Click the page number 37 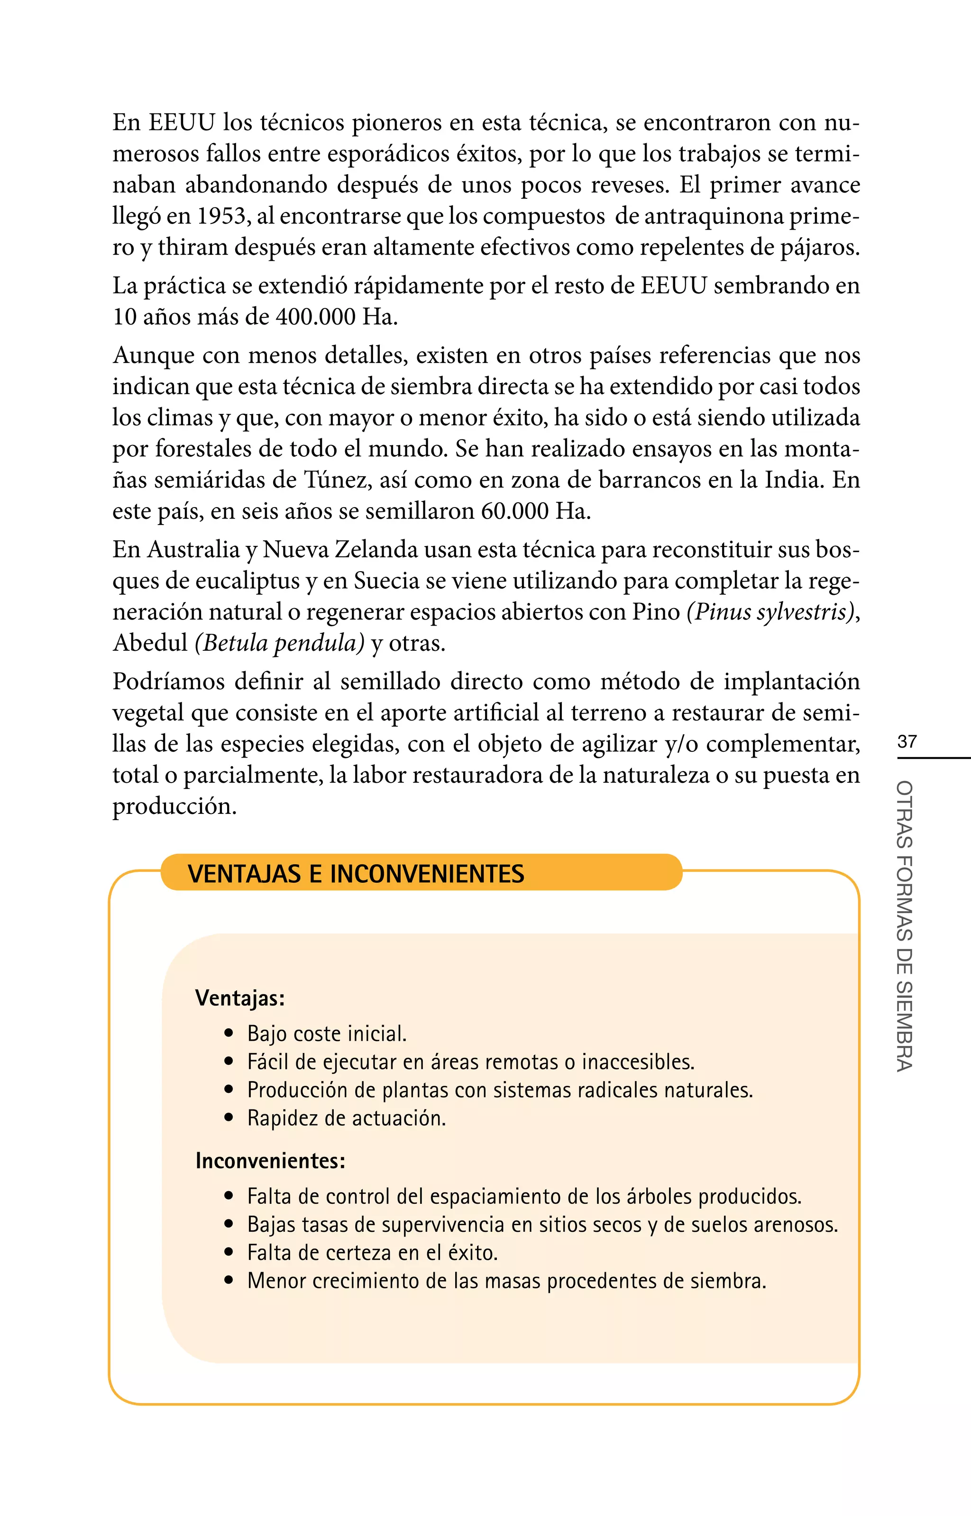[907, 741]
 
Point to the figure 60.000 [515, 511]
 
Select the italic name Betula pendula [280, 643]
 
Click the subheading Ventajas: [239, 998]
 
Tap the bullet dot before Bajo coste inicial [229, 1034]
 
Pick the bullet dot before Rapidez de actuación [229, 1119]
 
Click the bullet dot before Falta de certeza [229, 1253]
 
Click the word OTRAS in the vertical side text [904, 814]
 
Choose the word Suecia [386, 581]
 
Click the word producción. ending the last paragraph [174, 806]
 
